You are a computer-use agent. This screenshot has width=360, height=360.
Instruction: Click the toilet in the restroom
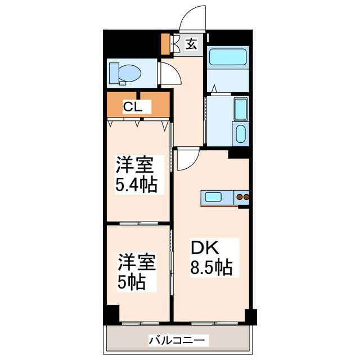point(126,73)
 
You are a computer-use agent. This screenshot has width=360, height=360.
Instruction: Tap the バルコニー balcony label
point(178,340)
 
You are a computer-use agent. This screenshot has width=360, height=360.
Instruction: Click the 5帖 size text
point(130,281)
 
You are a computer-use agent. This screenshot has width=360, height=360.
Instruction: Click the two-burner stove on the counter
point(243,197)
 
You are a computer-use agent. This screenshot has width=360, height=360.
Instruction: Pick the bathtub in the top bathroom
point(228,57)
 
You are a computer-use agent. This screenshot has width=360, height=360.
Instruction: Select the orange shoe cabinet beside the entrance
point(165,44)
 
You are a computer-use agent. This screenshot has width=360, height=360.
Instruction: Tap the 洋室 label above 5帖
point(136,263)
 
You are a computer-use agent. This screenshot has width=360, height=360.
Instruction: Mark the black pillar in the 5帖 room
point(113,313)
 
